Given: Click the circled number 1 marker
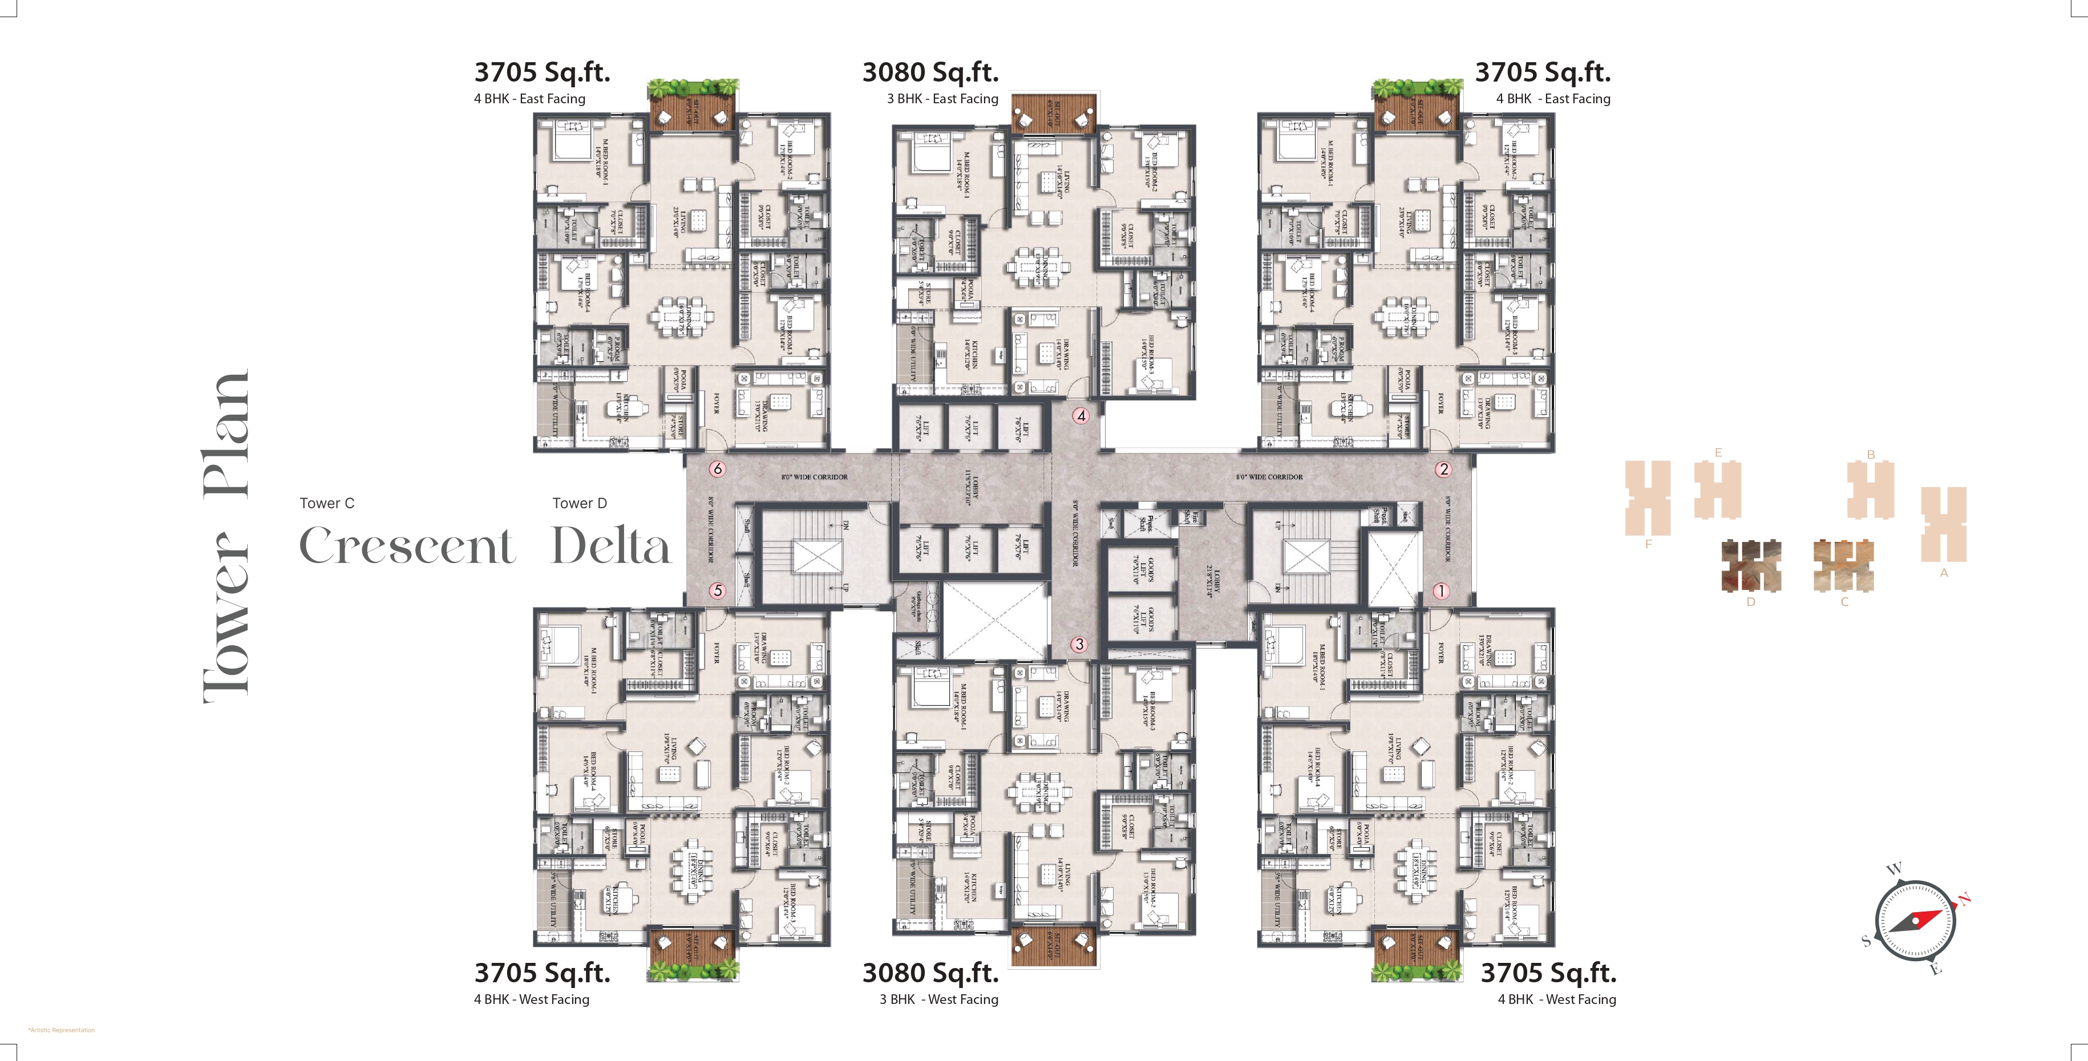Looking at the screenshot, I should point(1440,591).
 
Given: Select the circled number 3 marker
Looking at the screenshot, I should point(1079,645).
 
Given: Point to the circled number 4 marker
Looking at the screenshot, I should point(1081,416).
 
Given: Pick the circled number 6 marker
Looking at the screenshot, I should point(717,468).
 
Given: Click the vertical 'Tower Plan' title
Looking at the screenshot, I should point(226,535).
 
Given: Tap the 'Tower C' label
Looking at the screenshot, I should point(327,503).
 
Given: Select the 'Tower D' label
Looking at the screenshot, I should point(580,503).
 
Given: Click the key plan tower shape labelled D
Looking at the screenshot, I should point(1751,564).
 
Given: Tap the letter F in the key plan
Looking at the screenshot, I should point(1648,545).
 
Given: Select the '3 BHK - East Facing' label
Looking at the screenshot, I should point(942,99).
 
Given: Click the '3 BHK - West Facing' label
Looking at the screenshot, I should point(938,999).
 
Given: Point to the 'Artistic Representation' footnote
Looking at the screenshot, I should point(62,1030).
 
